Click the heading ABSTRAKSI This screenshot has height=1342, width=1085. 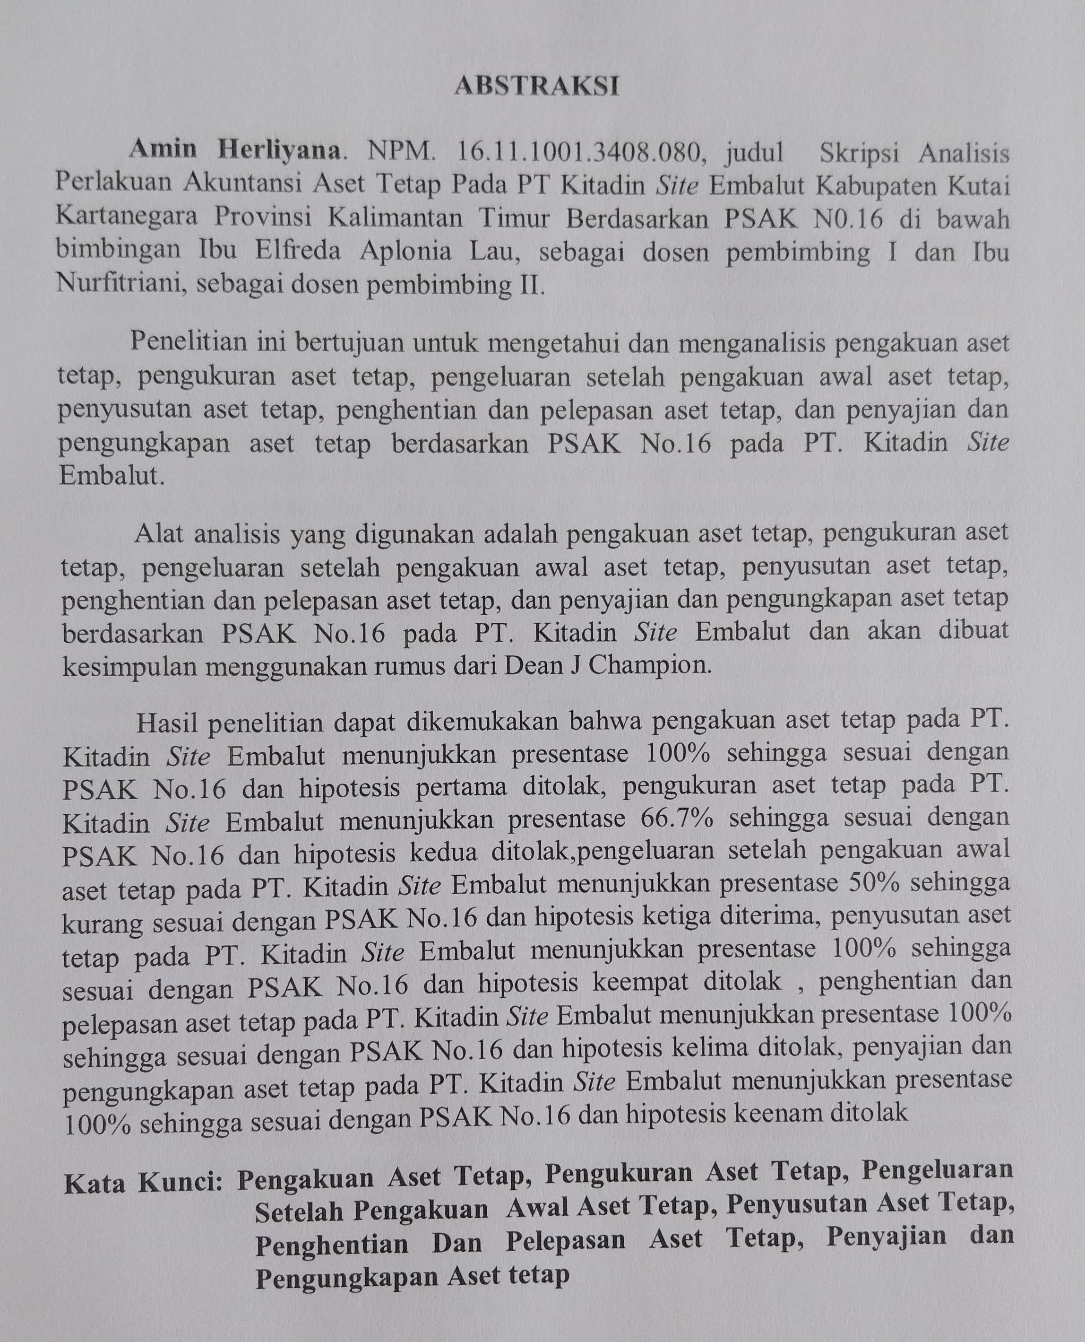coord(536,86)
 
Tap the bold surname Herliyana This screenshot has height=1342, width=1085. coord(278,150)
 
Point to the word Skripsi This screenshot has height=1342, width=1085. coord(861,153)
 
